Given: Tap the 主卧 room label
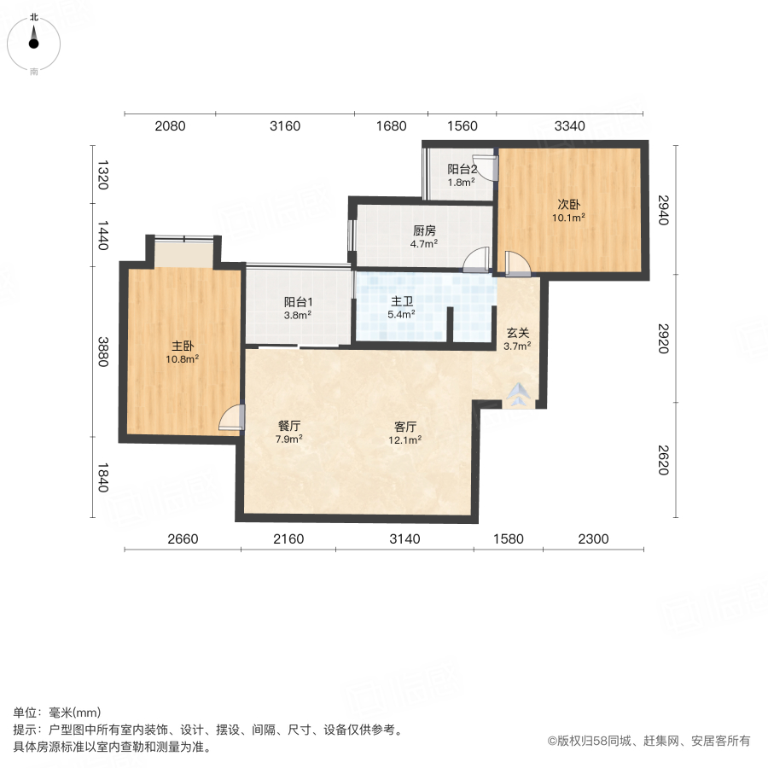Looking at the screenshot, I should [x=183, y=346].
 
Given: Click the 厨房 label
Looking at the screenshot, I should [x=425, y=230].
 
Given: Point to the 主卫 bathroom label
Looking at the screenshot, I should [x=402, y=301].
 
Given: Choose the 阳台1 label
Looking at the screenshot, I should [x=298, y=301].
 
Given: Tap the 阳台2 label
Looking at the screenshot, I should [x=462, y=169].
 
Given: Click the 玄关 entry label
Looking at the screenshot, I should [x=518, y=333].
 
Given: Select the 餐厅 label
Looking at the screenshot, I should [x=289, y=426].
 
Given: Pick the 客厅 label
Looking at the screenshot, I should [x=405, y=427].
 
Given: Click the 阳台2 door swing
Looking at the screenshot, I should [x=484, y=167].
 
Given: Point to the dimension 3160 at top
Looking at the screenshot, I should [x=285, y=126].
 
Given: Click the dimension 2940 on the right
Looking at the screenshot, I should [x=663, y=209].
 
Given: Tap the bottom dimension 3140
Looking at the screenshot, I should [x=404, y=538].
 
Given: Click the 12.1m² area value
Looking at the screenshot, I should [x=405, y=440].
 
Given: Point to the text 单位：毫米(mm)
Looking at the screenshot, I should [x=56, y=713].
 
